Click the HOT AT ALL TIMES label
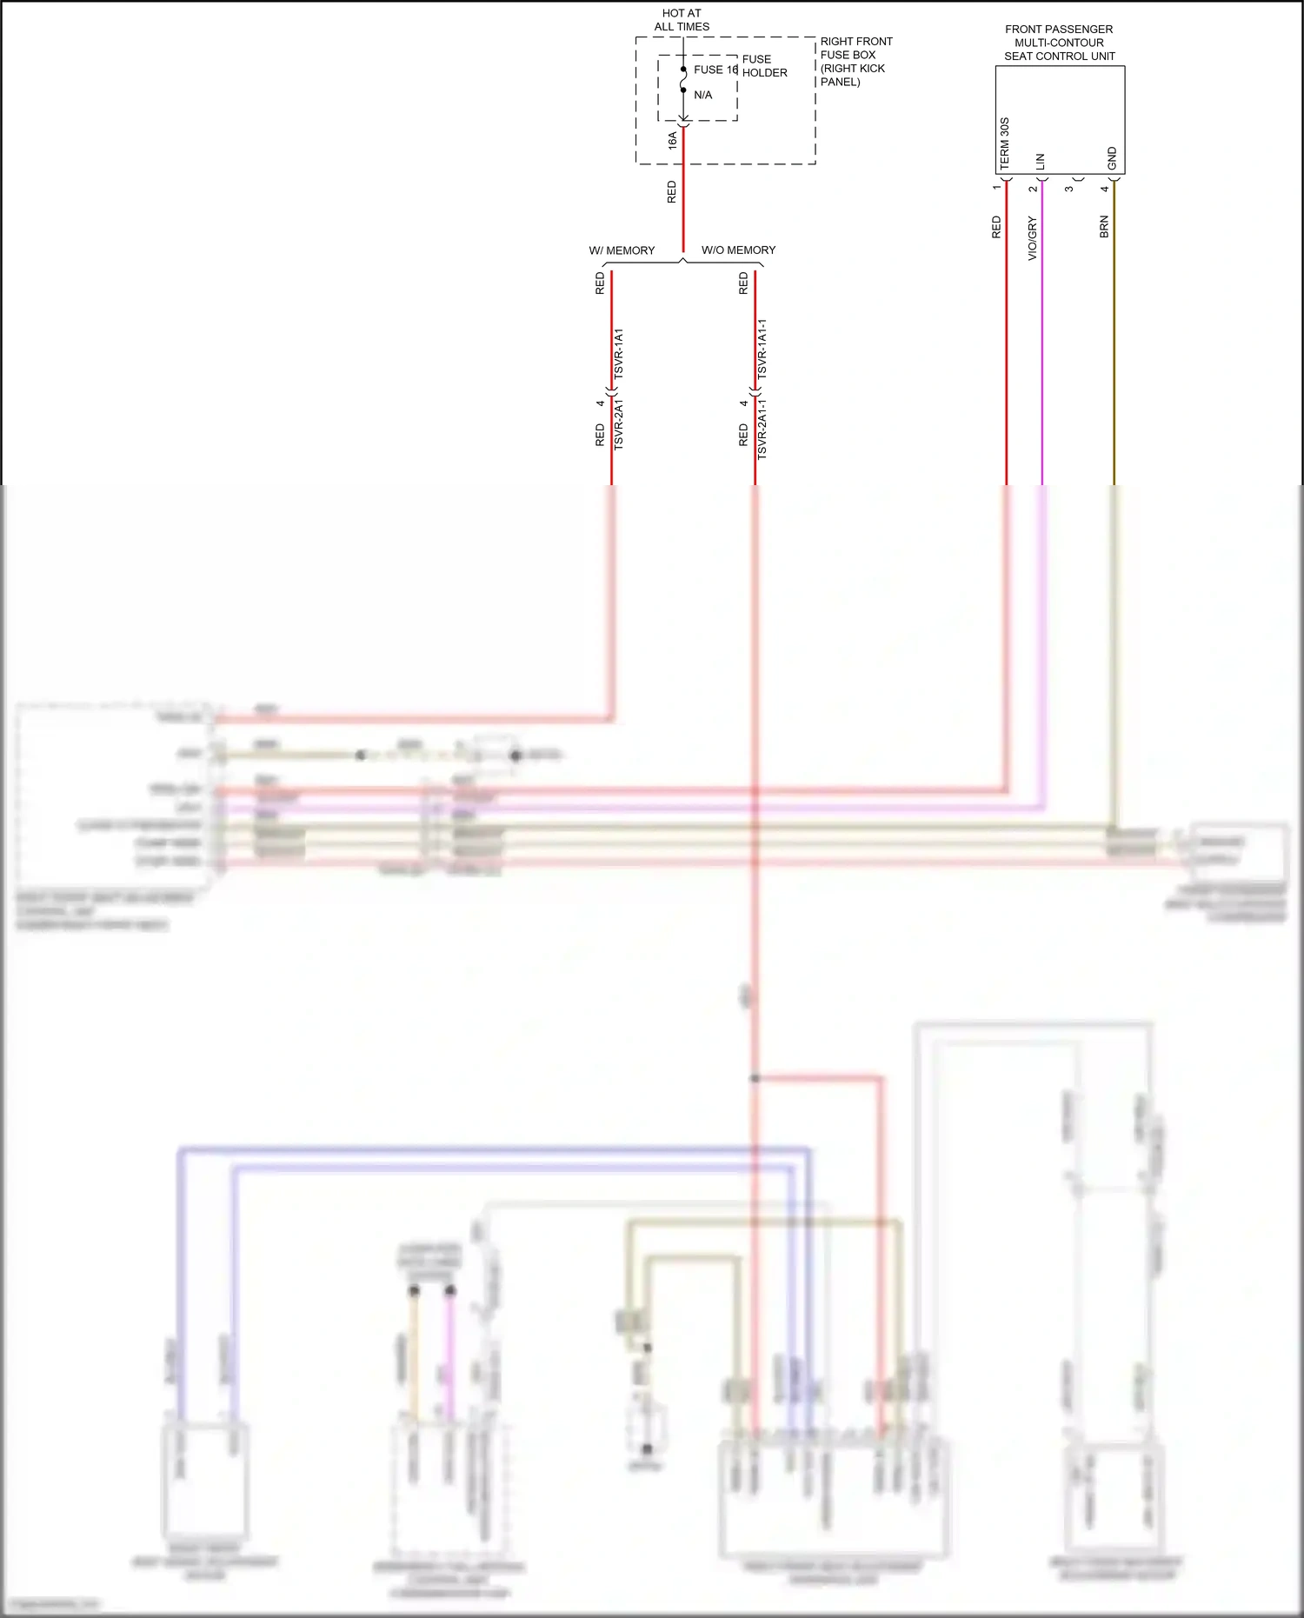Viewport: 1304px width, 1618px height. (x=682, y=20)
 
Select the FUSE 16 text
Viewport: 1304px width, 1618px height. (x=715, y=70)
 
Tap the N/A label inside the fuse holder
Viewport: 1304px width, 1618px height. (x=702, y=95)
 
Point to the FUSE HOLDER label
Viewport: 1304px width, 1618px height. (x=764, y=66)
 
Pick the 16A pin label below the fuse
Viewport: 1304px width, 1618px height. (x=673, y=140)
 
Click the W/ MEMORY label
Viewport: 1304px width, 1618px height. (x=622, y=250)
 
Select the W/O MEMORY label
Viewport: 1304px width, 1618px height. (x=738, y=250)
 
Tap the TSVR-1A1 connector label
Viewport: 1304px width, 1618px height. (x=619, y=353)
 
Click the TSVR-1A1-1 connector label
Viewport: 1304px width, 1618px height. (x=762, y=349)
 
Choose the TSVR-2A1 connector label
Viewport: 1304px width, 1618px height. (x=619, y=424)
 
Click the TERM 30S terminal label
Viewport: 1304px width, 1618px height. (x=1005, y=143)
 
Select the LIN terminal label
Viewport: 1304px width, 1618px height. (x=1041, y=161)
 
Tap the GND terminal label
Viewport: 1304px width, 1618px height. (x=1112, y=158)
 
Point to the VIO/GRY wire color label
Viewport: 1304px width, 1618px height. (x=1033, y=238)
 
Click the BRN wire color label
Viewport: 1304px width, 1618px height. (x=1104, y=227)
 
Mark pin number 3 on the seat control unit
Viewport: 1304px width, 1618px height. (x=1069, y=189)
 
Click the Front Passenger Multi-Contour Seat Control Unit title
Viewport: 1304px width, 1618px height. (x=1059, y=43)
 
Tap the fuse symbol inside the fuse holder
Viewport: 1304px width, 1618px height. (x=683, y=80)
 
